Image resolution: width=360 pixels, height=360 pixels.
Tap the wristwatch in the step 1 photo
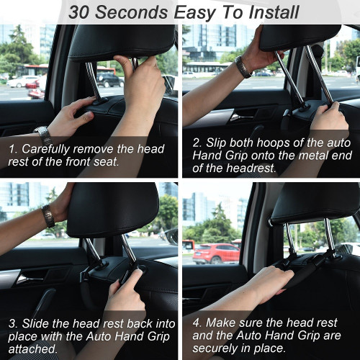click(x=43, y=134)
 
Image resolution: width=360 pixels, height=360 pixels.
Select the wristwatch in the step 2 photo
click(x=243, y=66)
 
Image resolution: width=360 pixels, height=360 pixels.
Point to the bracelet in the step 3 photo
click(x=48, y=215)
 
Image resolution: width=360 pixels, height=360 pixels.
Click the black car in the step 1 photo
click(x=109, y=78)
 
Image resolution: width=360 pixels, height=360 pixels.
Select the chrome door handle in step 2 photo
click(x=242, y=116)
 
